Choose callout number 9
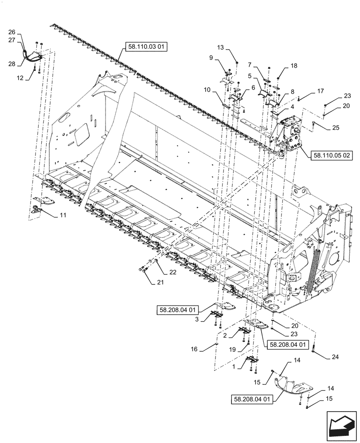(211, 57)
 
